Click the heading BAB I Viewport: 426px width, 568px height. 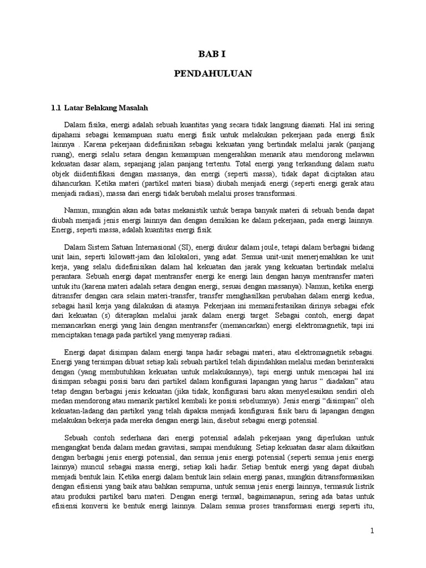coord(214,54)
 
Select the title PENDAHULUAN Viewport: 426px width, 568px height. coord(214,73)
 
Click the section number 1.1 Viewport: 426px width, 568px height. coord(54,106)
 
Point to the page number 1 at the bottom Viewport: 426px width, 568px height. coord(373,531)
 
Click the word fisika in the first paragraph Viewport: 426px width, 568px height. coord(98,126)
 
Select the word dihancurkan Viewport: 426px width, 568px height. coord(70,185)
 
